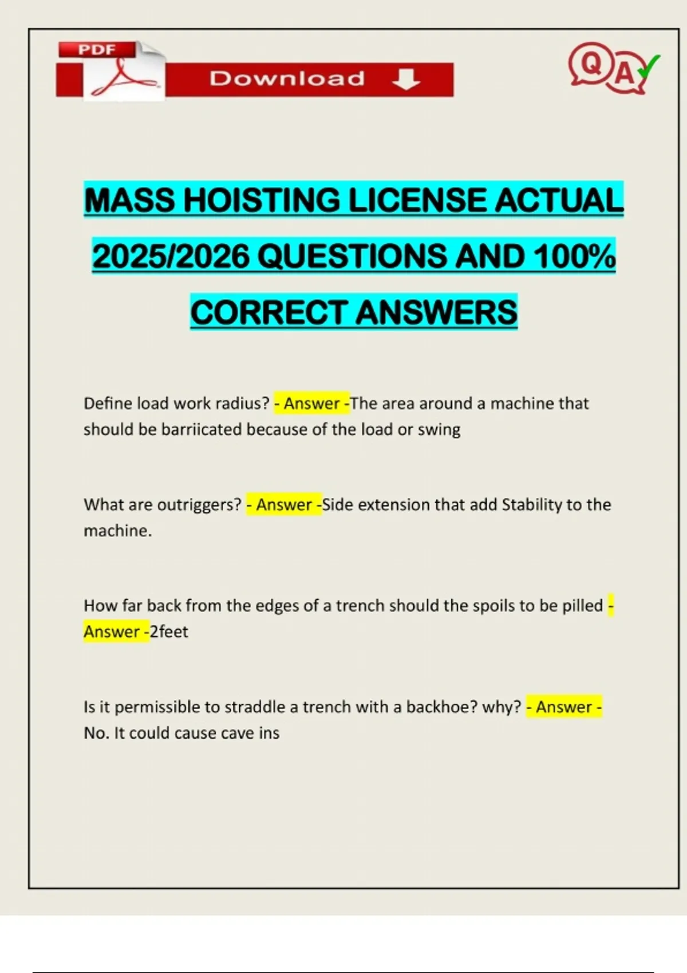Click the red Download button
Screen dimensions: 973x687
[309, 80]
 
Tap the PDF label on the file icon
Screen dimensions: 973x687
[97, 50]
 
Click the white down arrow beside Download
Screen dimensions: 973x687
[406, 80]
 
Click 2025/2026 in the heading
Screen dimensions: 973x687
[171, 256]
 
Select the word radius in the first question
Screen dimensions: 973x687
[240, 404]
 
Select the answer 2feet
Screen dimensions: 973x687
[169, 632]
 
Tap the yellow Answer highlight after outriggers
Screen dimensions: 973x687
[284, 505]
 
